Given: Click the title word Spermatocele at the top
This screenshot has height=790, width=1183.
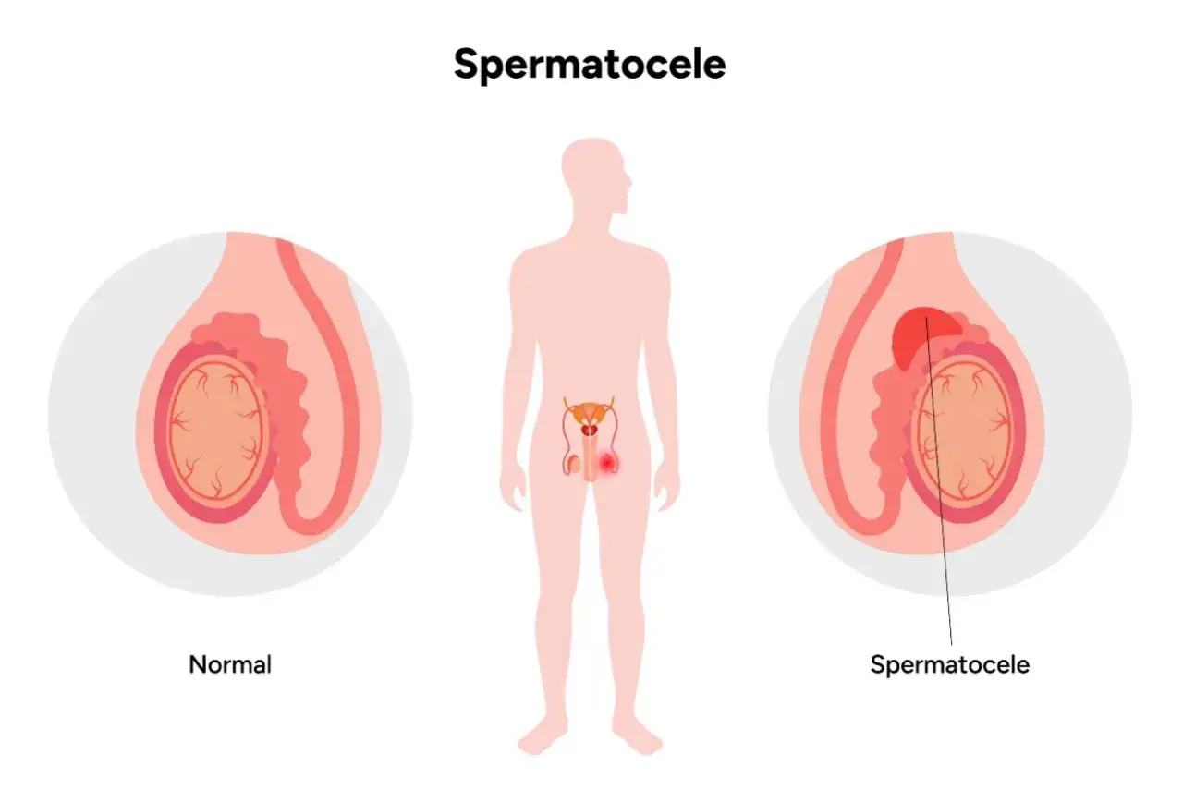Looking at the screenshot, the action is [590, 65].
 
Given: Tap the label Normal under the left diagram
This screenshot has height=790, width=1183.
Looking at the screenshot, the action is [230, 664].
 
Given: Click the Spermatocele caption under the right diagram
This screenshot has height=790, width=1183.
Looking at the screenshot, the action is [950, 665].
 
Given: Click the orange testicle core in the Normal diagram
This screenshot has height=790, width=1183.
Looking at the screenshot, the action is [216, 428].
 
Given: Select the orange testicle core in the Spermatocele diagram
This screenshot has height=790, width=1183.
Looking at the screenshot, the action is [964, 428].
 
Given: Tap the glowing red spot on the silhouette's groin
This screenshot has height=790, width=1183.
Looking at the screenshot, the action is [607, 463].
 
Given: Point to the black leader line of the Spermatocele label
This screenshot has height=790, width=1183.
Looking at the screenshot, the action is [938, 480].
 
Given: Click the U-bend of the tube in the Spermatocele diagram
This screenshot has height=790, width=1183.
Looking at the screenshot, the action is [866, 520].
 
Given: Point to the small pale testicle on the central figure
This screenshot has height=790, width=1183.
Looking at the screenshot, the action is [574, 465].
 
